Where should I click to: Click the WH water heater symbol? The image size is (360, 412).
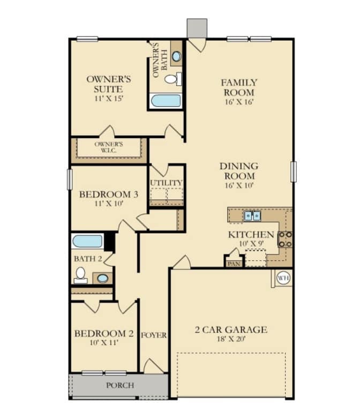tap(283, 278)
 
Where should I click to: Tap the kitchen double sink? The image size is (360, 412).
tap(252, 216)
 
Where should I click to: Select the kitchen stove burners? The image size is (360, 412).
tap(285, 239)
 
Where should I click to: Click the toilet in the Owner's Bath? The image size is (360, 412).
tap(173, 79)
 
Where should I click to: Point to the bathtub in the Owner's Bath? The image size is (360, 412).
tap(166, 101)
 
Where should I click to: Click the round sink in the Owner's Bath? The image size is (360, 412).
tap(176, 56)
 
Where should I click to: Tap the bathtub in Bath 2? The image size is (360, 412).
tap(87, 241)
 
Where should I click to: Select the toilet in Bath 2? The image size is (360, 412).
tap(81, 275)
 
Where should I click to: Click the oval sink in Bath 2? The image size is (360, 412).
tap(102, 278)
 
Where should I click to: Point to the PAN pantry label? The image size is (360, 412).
tap(234, 264)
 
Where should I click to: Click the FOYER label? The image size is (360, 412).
tap(154, 335)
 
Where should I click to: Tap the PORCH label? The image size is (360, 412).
tap(120, 385)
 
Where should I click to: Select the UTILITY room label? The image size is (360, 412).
tap(166, 183)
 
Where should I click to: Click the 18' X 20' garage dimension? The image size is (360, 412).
tap(231, 339)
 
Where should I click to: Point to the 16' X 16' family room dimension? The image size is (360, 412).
tap(239, 102)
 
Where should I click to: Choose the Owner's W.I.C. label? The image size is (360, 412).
tap(109, 147)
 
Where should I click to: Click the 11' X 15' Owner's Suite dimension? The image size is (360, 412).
tap(109, 99)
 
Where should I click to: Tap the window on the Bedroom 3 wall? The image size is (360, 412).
tap(70, 179)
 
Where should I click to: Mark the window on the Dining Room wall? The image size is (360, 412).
tap(294, 171)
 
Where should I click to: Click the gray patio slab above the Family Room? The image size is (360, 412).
tap(197, 28)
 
